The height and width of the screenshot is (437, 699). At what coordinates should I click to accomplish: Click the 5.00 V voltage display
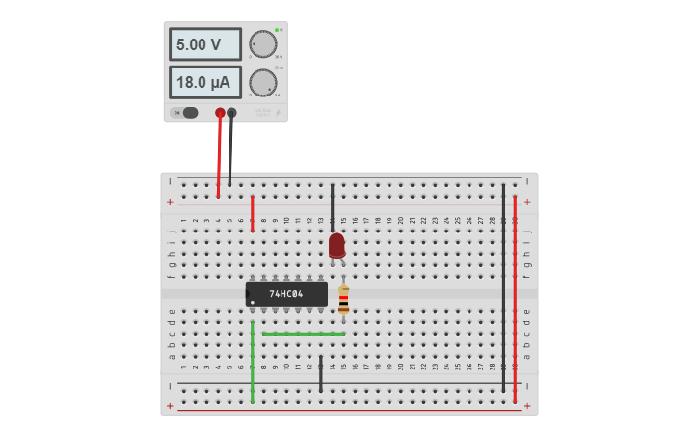204,44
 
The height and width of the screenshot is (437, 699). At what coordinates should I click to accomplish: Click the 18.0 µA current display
204,82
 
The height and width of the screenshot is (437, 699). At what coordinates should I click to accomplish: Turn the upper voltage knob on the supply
262,44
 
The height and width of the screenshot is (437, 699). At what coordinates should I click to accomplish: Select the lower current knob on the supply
262,82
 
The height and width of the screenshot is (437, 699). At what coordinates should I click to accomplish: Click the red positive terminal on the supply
220,113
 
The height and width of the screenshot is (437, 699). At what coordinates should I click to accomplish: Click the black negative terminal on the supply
231,113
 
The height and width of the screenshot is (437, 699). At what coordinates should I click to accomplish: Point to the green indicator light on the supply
277,30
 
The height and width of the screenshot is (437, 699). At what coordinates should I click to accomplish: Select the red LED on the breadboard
336,245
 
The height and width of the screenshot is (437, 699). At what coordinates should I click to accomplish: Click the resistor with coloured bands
343,298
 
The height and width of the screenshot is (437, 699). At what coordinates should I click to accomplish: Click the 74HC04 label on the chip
286,293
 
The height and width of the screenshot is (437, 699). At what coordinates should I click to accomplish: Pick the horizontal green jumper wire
304,334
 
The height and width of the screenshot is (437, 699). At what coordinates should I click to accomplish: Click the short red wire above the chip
253,213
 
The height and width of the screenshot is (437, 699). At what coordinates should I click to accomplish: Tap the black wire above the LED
333,205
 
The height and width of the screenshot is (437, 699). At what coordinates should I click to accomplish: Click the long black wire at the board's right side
503,289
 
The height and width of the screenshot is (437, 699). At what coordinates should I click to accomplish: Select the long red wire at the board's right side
515,299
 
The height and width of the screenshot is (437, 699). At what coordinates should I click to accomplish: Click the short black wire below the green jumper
321,373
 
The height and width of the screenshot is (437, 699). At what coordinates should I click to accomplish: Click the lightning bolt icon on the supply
279,113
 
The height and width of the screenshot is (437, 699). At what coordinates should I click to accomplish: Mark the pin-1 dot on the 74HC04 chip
252,302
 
